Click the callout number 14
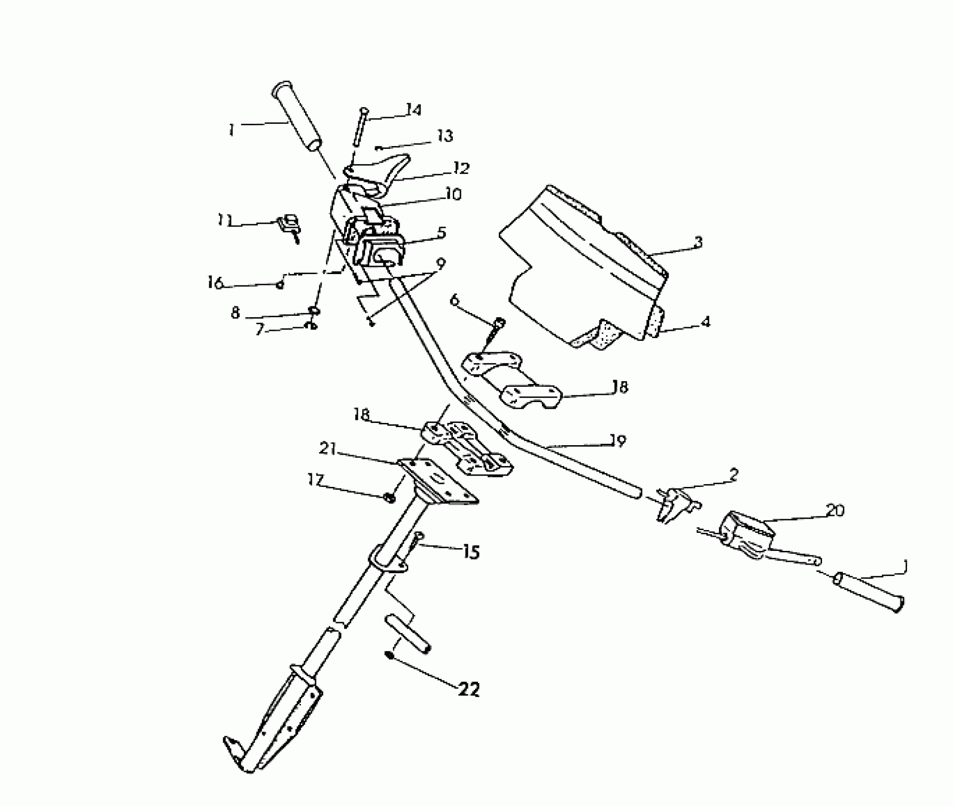413,110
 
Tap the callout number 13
445,136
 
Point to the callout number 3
698,242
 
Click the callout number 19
618,441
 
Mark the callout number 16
215,283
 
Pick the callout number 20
835,511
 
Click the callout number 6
455,300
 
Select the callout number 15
470,552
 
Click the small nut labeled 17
390,498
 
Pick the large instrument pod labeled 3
584,266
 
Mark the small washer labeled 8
313,311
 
